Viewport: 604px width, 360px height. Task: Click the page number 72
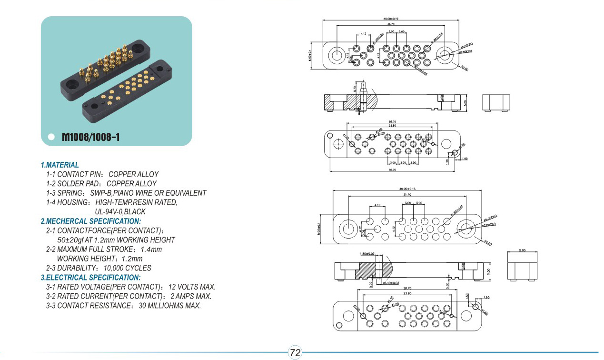[295, 353]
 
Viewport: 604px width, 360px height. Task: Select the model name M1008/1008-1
[90, 138]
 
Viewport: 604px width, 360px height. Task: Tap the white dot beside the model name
[51, 138]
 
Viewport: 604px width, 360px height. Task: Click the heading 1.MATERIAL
[60, 165]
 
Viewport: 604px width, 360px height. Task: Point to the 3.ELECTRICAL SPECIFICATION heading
[90, 277]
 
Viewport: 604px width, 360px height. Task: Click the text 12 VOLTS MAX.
[192, 287]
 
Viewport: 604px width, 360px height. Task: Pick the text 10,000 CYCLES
[127, 268]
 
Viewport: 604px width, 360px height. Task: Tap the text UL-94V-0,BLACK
[120, 211]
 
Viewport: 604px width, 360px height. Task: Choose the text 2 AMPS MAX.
[190, 296]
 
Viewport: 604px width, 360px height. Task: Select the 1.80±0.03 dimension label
[368, 254]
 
